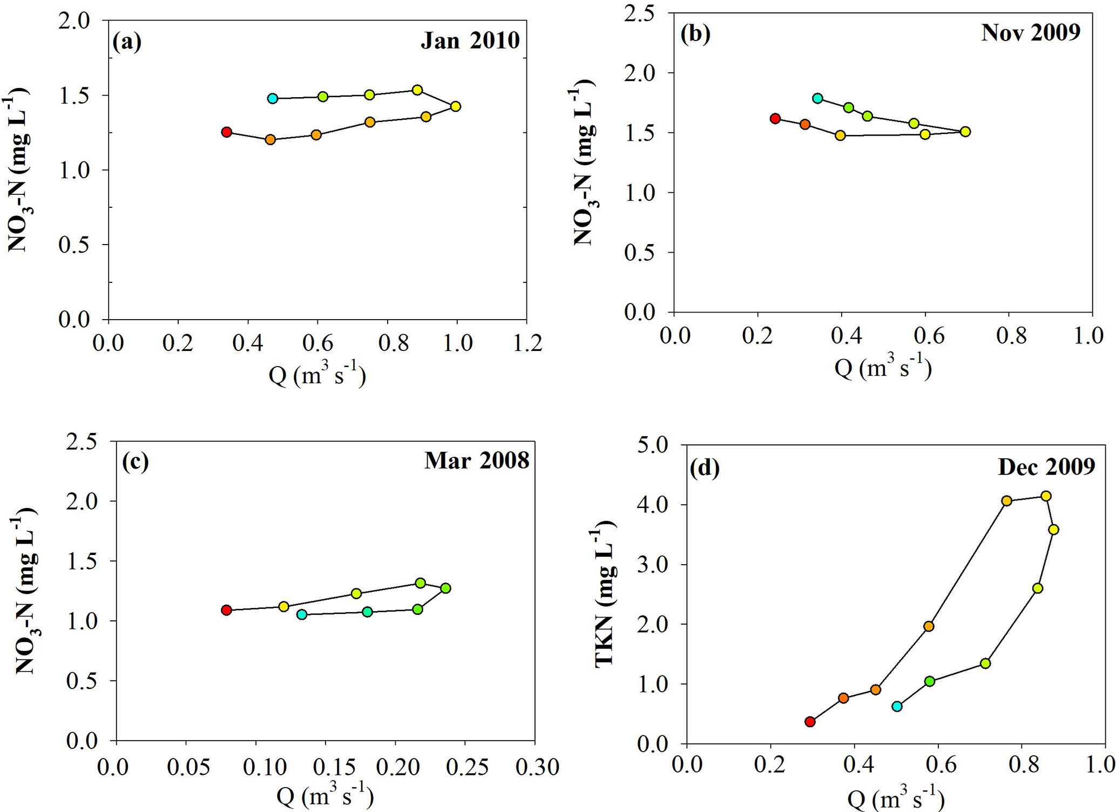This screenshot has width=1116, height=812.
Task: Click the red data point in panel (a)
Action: click(227, 132)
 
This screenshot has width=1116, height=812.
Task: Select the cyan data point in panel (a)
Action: click(273, 98)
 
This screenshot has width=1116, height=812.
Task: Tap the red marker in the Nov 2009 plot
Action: click(775, 119)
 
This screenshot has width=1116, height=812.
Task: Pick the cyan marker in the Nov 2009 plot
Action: click(817, 98)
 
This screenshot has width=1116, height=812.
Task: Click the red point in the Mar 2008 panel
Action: click(227, 610)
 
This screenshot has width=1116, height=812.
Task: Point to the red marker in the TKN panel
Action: click(810, 722)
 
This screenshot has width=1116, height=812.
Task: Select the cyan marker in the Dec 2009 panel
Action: click(897, 706)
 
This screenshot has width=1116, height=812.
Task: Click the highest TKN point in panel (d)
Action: click(1046, 496)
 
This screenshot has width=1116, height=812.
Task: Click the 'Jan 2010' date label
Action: click(470, 40)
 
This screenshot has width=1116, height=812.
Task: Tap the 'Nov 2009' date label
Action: click(1031, 32)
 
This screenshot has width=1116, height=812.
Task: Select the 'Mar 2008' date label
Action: click(477, 461)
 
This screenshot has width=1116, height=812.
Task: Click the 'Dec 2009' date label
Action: click(1046, 466)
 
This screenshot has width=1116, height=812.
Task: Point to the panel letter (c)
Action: click(135, 462)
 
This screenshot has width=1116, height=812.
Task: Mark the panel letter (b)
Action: click(695, 34)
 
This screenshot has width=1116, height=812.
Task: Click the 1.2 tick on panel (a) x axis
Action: click(526, 343)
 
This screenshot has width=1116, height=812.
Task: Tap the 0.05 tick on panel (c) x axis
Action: click(185, 767)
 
